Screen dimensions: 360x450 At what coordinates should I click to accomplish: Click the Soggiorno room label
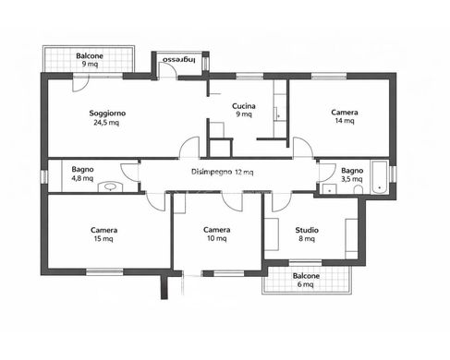(x=107, y=114)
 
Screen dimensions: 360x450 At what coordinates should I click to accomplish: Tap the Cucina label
(x=244, y=105)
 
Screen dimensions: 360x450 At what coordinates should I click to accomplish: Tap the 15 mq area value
(x=103, y=239)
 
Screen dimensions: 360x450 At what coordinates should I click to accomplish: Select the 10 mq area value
(x=217, y=239)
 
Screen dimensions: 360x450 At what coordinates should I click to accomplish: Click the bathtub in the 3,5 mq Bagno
(x=379, y=175)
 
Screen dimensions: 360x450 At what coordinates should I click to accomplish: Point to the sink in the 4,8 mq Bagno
(x=111, y=185)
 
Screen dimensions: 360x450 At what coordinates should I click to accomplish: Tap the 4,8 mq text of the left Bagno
(x=82, y=178)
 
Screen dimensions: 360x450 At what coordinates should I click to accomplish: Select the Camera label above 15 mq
(x=103, y=230)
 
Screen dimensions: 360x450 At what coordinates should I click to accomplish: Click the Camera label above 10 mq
(x=217, y=230)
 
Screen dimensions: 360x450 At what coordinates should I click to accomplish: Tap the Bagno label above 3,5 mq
(x=352, y=170)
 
